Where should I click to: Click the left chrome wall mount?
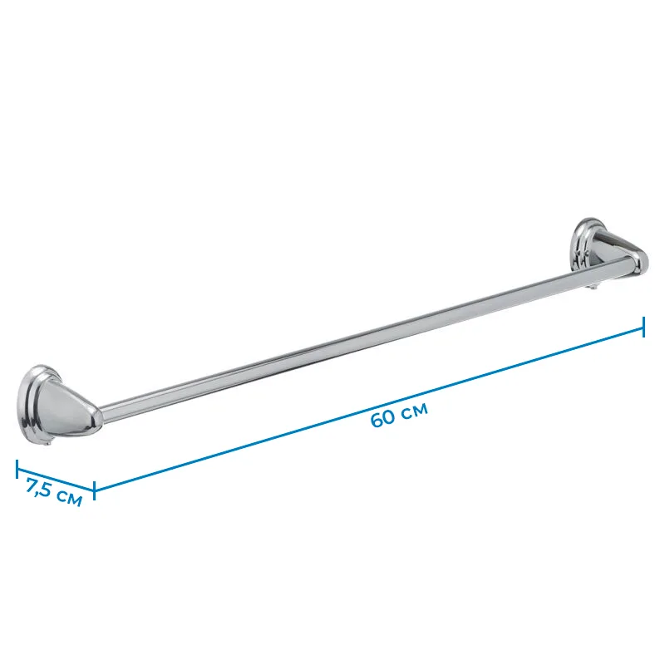tap(59, 404)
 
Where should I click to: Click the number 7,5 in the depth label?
tap(39, 487)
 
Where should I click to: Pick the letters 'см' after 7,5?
tap(69, 499)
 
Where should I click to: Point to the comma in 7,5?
tap(39, 492)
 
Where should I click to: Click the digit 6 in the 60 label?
tap(377, 421)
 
